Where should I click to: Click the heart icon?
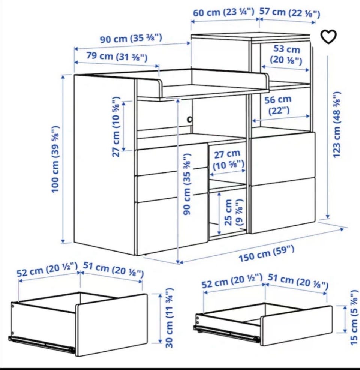coord(328,37)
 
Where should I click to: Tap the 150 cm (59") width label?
coord(267,254)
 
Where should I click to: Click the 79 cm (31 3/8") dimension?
coord(117,57)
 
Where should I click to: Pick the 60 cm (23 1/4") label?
coord(223,12)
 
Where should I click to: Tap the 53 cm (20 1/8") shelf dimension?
coord(286,54)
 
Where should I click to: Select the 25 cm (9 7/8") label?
coord(233,212)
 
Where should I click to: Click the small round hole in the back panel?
coord(189,119)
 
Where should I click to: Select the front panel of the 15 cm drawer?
coord(296,326)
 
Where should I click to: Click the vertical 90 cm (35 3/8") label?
coord(187,184)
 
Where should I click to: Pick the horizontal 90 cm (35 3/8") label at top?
coord(131,38)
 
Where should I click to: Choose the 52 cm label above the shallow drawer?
coord(232,281)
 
